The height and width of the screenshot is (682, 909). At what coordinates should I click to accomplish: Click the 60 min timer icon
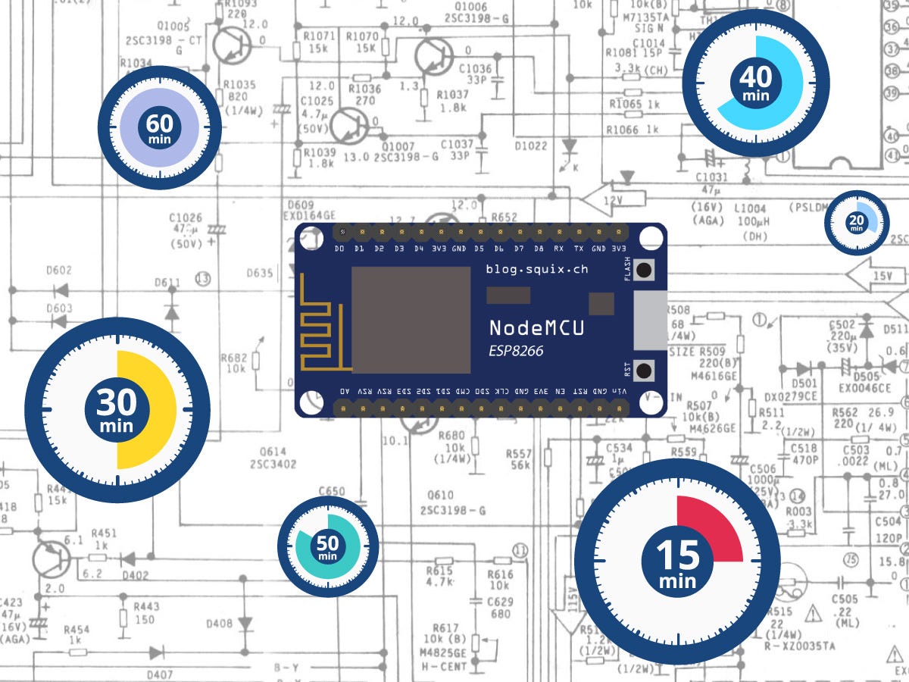click(x=160, y=127)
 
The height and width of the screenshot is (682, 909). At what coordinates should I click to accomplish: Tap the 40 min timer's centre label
click(x=755, y=82)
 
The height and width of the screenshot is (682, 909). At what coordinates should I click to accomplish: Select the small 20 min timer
click(x=857, y=222)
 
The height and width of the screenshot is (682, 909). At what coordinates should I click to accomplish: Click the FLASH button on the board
click(x=645, y=271)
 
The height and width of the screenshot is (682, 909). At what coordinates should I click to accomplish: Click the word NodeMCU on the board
click(x=536, y=328)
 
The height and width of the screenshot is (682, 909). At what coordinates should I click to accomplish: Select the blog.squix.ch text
click(x=536, y=269)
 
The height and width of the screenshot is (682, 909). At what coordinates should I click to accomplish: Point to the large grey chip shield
click(x=411, y=319)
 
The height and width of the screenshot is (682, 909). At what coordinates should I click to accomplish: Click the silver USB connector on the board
click(x=649, y=321)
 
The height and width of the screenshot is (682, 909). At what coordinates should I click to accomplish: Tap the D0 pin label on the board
click(x=339, y=249)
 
